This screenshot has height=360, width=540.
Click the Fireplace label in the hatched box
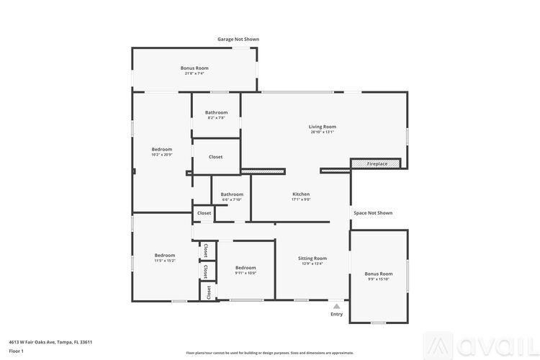(x=377, y=164)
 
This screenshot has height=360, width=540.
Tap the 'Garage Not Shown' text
(x=238, y=40)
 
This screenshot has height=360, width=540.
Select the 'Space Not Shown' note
(x=373, y=213)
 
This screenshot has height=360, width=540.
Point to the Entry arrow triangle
(x=336, y=306)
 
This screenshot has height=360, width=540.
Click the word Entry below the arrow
(x=336, y=314)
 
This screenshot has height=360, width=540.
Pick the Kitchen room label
(x=301, y=194)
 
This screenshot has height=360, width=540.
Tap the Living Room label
(x=323, y=127)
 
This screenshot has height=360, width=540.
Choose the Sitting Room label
(x=312, y=258)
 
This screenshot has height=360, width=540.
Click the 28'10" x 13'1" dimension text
(x=323, y=132)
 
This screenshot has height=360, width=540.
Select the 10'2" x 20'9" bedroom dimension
(x=162, y=155)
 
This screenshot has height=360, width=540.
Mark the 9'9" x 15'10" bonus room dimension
(x=379, y=279)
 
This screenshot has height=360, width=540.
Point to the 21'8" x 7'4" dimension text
(x=194, y=73)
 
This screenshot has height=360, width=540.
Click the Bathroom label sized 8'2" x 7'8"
(x=216, y=112)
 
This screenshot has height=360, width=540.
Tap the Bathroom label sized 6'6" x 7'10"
(x=232, y=194)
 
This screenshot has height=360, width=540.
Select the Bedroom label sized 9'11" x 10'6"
(x=246, y=267)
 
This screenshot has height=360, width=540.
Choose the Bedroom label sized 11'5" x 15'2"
(x=165, y=255)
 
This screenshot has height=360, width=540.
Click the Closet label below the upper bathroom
(x=215, y=157)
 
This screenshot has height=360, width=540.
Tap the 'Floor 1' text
(x=17, y=351)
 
